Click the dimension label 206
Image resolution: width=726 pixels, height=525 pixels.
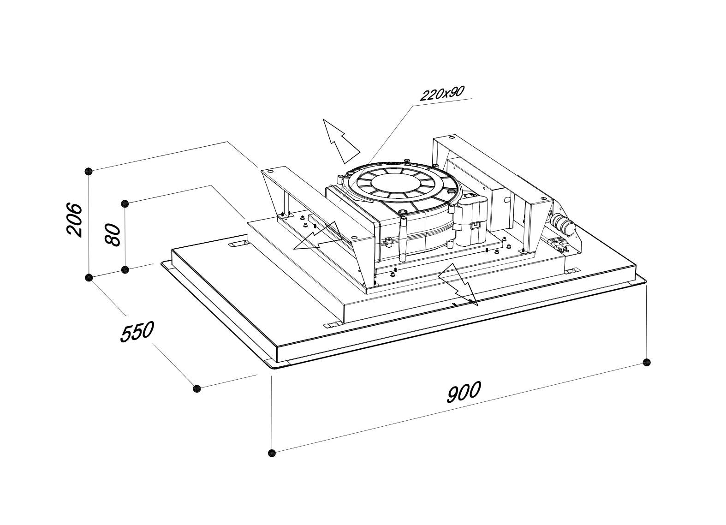(x=74, y=219)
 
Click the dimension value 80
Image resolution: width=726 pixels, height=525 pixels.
(x=113, y=234)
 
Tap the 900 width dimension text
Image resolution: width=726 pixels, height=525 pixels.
(x=464, y=392)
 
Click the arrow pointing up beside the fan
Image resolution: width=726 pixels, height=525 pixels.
(x=340, y=140)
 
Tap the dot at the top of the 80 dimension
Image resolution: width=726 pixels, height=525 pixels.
(x=125, y=203)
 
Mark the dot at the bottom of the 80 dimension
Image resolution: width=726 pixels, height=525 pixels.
(x=125, y=269)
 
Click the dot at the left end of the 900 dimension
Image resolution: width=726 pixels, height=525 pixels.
(x=272, y=453)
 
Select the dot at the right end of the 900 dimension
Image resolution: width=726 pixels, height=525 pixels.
(x=647, y=362)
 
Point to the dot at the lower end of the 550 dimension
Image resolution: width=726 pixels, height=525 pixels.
(x=197, y=388)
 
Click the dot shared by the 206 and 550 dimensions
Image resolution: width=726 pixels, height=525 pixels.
(x=89, y=277)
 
